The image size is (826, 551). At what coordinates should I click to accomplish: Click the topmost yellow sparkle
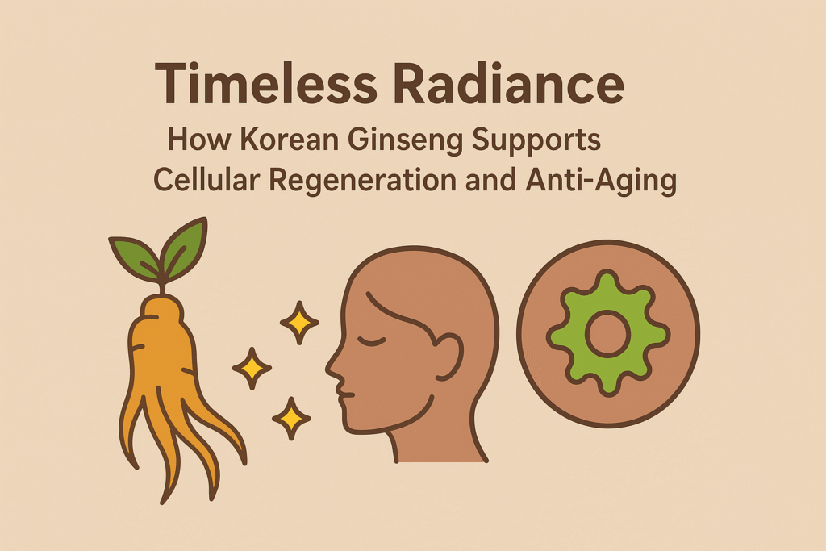(299, 324)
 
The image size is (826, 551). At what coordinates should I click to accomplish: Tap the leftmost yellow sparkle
(252, 369)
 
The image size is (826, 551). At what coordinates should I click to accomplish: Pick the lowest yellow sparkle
(290, 418)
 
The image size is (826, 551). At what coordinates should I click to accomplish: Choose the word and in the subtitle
(492, 180)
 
